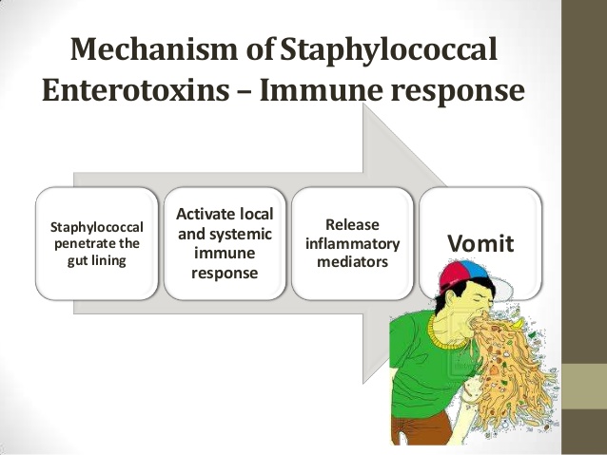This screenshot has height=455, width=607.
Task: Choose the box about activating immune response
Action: point(225,243)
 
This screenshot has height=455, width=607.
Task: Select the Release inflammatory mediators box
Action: point(353,243)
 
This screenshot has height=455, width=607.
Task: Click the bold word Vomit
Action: point(480,243)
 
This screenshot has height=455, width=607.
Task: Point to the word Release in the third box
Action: point(353,225)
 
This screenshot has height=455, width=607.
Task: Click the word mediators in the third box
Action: point(353,261)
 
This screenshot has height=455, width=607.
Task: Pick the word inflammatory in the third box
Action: point(353,243)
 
